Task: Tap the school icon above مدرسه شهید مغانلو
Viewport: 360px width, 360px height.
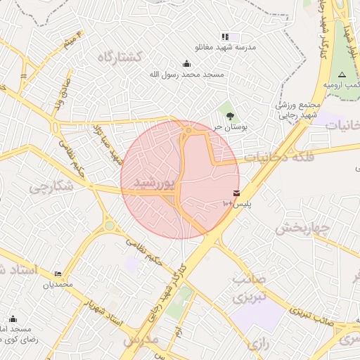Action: tap(225, 37)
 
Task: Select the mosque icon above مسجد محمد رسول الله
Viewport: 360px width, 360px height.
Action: tap(186, 63)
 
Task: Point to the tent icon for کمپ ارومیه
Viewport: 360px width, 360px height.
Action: tap(342, 75)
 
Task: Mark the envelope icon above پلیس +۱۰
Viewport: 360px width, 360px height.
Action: tap(236, 193)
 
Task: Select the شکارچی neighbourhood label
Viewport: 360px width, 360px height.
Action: tap(53, 186)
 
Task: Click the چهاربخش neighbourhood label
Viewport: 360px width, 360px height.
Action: tap(302, 228)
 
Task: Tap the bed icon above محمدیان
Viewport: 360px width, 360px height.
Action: tap(58, 274)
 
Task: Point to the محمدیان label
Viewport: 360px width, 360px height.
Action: tap(59, 285)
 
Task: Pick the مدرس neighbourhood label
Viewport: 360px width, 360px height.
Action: tap(141, 340)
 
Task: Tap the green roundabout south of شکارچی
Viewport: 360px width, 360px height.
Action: tap(109, 226)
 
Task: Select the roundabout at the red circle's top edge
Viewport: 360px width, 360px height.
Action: tap(188, 130)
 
